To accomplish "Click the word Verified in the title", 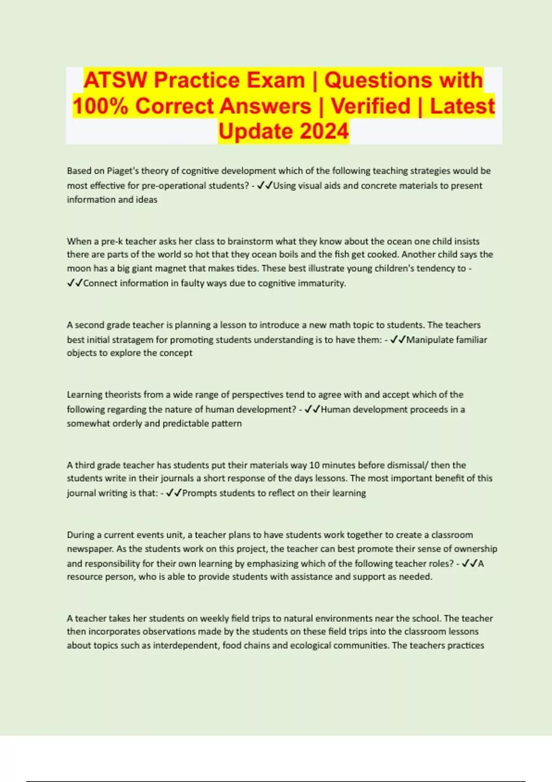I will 370,106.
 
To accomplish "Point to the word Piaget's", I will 123,171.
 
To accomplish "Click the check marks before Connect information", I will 75,283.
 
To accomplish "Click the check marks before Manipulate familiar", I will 398,340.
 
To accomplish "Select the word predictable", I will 184,424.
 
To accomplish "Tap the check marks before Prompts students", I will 174,493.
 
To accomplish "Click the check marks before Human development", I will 312,409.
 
